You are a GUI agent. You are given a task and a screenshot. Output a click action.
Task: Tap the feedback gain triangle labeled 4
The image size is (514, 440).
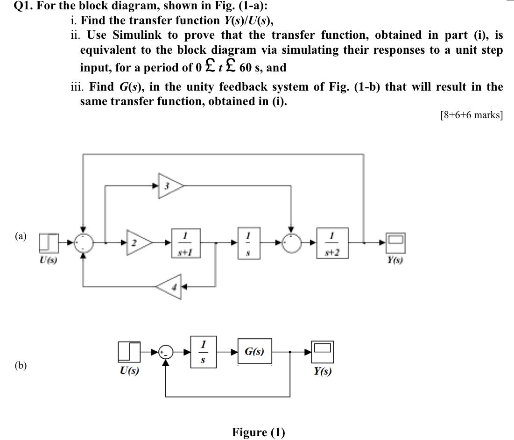pos(168,287)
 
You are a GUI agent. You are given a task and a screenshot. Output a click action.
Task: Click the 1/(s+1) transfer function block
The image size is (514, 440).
pos(185,242)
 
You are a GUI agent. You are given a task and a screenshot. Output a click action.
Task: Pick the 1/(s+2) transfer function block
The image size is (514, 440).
pos(331,242)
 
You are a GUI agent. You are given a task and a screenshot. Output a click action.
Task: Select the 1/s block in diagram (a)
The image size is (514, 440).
pos(248,242)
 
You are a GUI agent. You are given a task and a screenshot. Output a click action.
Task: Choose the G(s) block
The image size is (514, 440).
pos(255,352)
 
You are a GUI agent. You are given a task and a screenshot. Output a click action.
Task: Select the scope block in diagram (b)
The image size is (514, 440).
pos(322,351)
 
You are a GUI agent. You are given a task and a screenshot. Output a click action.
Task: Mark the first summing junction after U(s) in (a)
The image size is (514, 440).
pos(83,242)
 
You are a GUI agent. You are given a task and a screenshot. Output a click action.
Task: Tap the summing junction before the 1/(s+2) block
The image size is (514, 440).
pos(291,242)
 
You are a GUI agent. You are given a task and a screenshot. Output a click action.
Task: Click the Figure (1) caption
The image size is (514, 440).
pos(258,432)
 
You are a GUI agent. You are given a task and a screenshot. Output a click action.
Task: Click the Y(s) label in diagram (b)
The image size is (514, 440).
pos(323,371)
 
